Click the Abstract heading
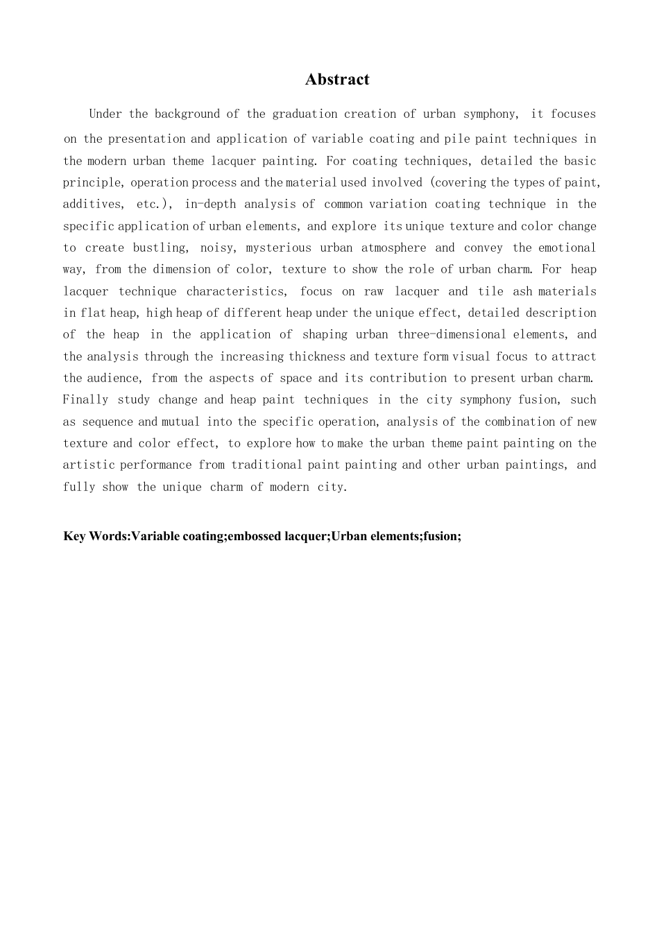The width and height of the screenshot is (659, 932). [x=337, y=80]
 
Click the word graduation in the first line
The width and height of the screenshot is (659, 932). [x=305, y=114]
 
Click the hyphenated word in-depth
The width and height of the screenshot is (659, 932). [x=210, y=204]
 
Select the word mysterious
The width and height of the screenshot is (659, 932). [x=278, y=248]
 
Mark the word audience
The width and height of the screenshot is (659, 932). [x=114, y=378]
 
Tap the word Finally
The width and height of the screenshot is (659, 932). [x=85, y=399]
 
